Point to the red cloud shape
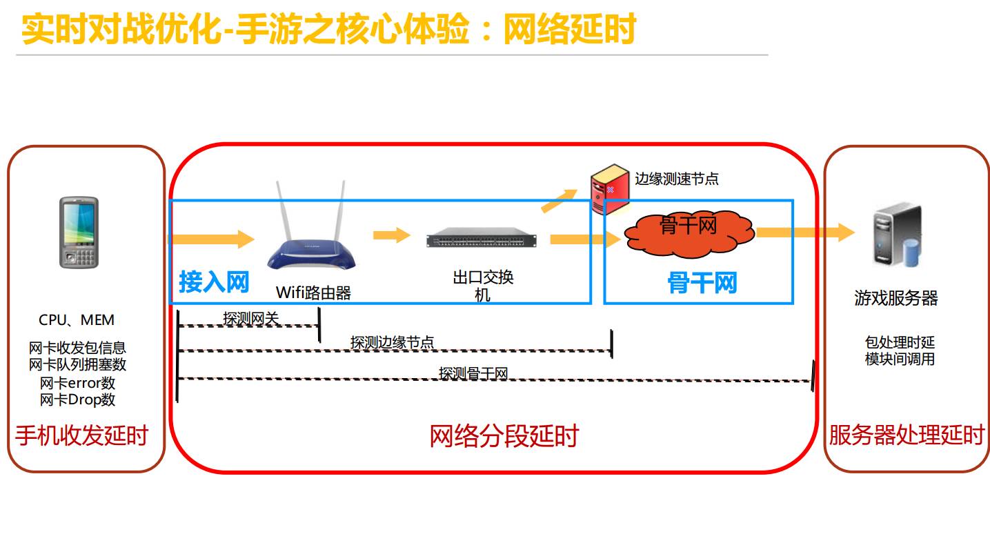(689, 232)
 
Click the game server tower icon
(897, 235)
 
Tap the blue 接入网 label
(214, 282)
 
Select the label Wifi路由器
(313, 293)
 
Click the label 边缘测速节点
(677, 179)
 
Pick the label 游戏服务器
(896, 298)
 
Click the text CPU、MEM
(77, 320)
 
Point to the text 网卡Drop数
(77, 400)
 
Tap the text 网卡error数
(77, 383)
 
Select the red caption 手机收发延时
(81, 436)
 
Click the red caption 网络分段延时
(504, 436)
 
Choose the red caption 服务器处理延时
(907, 436)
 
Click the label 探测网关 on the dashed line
(251, 319)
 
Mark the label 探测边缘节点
(392, 342)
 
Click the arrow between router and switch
(392, 235)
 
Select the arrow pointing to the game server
(805, 233)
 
